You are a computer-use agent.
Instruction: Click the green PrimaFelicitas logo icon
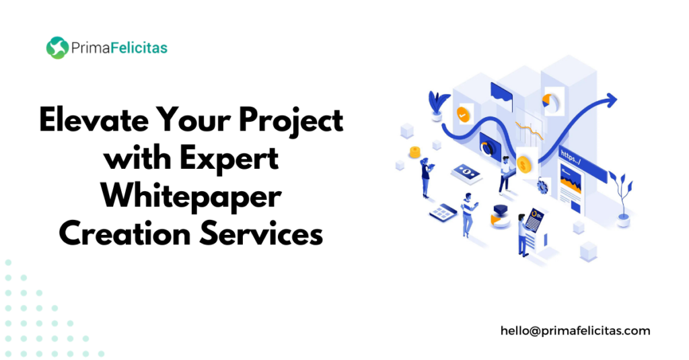58,48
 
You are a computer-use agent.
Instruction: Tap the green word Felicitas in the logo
139,48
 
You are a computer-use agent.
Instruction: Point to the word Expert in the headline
229,159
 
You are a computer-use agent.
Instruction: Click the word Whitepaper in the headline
191,197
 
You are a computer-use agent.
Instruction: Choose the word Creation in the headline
124,234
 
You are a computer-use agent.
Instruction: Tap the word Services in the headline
261,234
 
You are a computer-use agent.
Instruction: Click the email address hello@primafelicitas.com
575,330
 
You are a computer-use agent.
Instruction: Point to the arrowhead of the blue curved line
611,100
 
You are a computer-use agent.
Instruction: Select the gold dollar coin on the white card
524,166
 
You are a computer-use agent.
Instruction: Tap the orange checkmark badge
463,114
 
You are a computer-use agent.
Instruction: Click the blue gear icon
543,187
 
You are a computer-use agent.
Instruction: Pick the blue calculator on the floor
443,213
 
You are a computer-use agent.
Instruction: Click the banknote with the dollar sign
466,172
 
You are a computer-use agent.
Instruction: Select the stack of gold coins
414,152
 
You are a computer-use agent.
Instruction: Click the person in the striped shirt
468,215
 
